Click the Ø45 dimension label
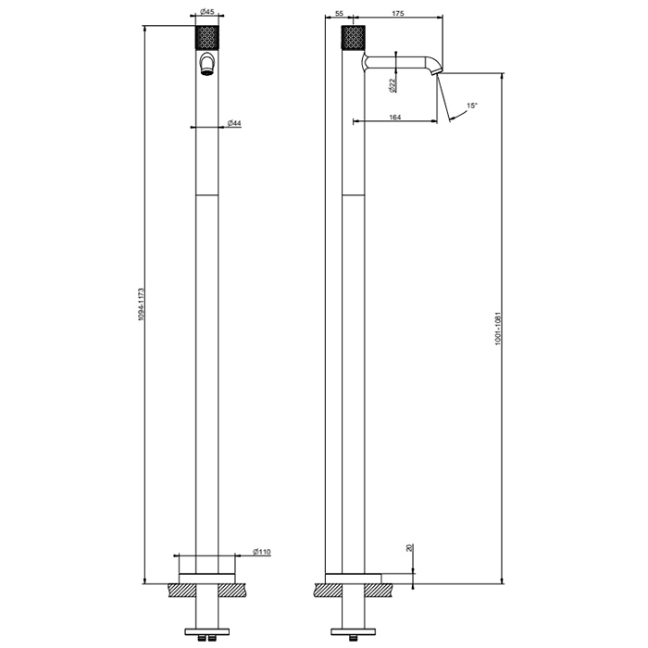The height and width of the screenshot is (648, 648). click(207, 11)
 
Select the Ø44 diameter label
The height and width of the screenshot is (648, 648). click(234, 123)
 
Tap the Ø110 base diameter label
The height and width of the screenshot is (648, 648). click(262, 552)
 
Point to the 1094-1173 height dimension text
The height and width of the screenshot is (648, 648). click(141, 305)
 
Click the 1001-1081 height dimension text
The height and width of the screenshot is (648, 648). click(498, 329)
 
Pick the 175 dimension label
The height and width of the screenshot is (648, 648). click(397, 13)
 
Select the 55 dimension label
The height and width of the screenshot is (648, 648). click(339, 13)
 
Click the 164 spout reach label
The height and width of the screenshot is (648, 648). click(395, 118)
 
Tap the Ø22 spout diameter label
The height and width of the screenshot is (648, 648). click(393, 85)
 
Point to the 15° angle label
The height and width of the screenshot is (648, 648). click(472, 106)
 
